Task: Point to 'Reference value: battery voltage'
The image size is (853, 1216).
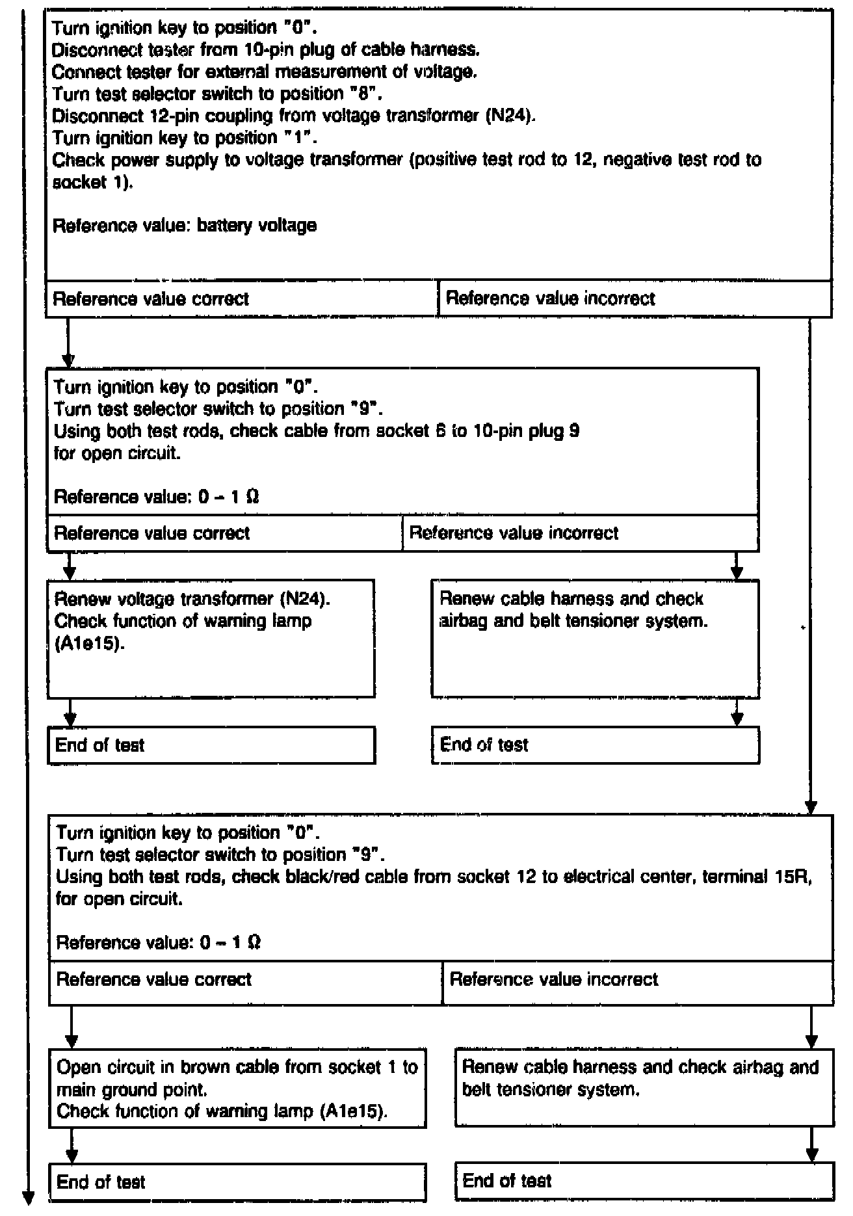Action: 185,226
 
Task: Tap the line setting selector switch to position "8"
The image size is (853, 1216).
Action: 217,94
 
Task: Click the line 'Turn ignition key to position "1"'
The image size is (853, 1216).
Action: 185,138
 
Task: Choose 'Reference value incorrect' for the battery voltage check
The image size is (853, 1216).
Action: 550,298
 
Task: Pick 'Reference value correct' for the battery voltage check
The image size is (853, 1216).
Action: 151,299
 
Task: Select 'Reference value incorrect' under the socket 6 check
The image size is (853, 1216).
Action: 514,533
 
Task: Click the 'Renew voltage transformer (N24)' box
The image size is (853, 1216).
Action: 211,638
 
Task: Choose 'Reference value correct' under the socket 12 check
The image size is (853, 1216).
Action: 154,979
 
